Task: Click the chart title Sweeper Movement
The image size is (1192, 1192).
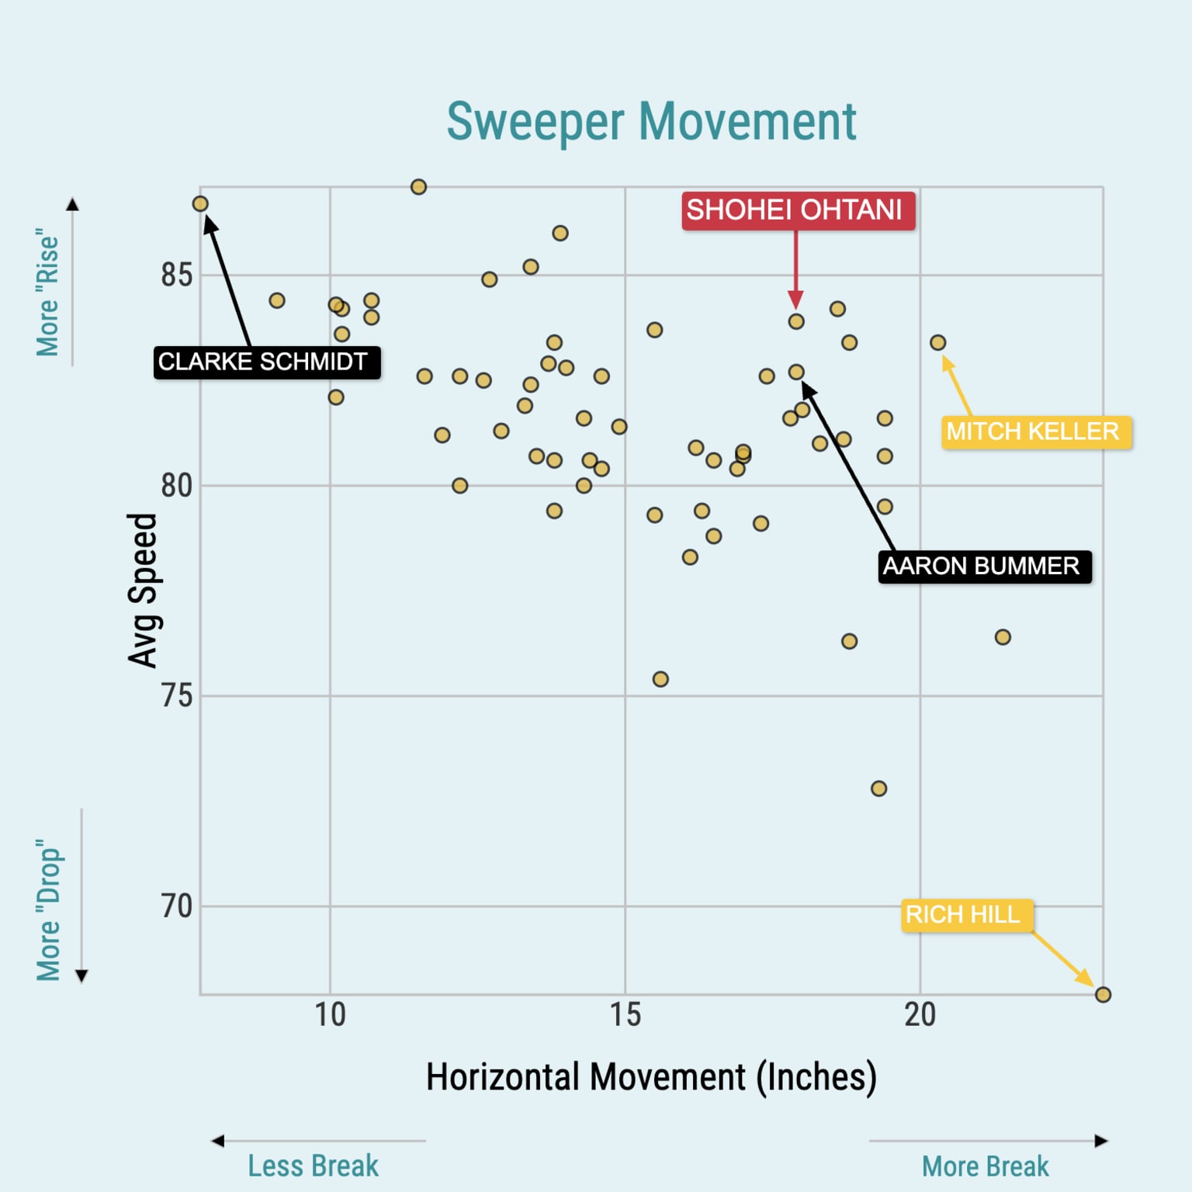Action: coord(651,122)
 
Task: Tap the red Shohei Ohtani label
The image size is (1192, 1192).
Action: coord(798,210)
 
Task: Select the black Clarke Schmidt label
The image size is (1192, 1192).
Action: coord(266,362)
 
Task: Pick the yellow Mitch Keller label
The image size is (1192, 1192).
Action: coord(1036,431)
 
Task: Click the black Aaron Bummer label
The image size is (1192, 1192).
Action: coord(984,567)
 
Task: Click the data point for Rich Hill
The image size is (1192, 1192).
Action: coord(1102,994)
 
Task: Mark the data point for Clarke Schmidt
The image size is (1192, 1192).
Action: coord(200,204)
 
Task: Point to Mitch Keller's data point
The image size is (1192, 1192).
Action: coord(937,342)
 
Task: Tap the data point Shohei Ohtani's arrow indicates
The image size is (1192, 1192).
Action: coord(796,321)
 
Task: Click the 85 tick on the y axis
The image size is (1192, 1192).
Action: coord(176,275)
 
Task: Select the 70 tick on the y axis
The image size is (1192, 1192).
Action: coord(176,906)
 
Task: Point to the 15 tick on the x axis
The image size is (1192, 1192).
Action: coord(625,1015)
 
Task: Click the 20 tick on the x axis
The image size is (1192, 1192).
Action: coord(920,1015)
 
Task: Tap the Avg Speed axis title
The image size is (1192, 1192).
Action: coord(143,590)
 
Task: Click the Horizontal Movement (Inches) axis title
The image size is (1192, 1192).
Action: coord(651,1077)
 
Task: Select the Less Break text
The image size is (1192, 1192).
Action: coord(313,1166)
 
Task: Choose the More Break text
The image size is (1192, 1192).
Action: coord(985,1166)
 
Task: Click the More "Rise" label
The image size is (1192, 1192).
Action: coord(48,292)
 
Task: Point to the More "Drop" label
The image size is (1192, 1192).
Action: coord(48,910)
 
